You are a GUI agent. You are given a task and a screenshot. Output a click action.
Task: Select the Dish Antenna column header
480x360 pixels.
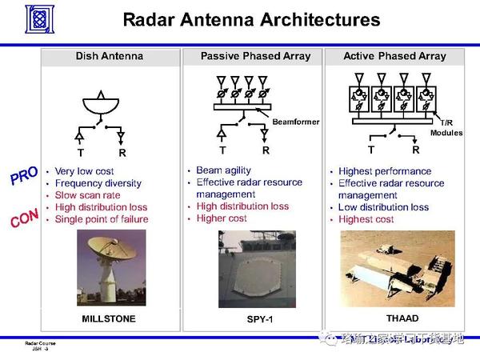[110, 57]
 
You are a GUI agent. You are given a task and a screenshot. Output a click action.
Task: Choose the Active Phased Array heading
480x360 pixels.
[394, 57]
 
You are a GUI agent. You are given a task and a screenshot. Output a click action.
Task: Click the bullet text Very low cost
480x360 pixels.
[84, 171]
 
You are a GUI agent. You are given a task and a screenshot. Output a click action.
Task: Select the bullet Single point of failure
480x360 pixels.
[101, 218]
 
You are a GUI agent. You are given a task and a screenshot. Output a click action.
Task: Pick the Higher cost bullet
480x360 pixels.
[222, 218]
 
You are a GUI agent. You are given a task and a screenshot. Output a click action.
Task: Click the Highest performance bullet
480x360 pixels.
[385, 171]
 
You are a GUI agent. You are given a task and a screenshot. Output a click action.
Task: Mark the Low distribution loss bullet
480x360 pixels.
[383, 207]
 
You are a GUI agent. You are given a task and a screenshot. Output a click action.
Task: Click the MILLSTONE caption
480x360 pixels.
[109, 318]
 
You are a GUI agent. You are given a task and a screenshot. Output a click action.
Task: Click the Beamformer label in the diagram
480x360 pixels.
[295, 122]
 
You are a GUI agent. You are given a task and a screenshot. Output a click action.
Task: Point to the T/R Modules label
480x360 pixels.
[446, 128]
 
